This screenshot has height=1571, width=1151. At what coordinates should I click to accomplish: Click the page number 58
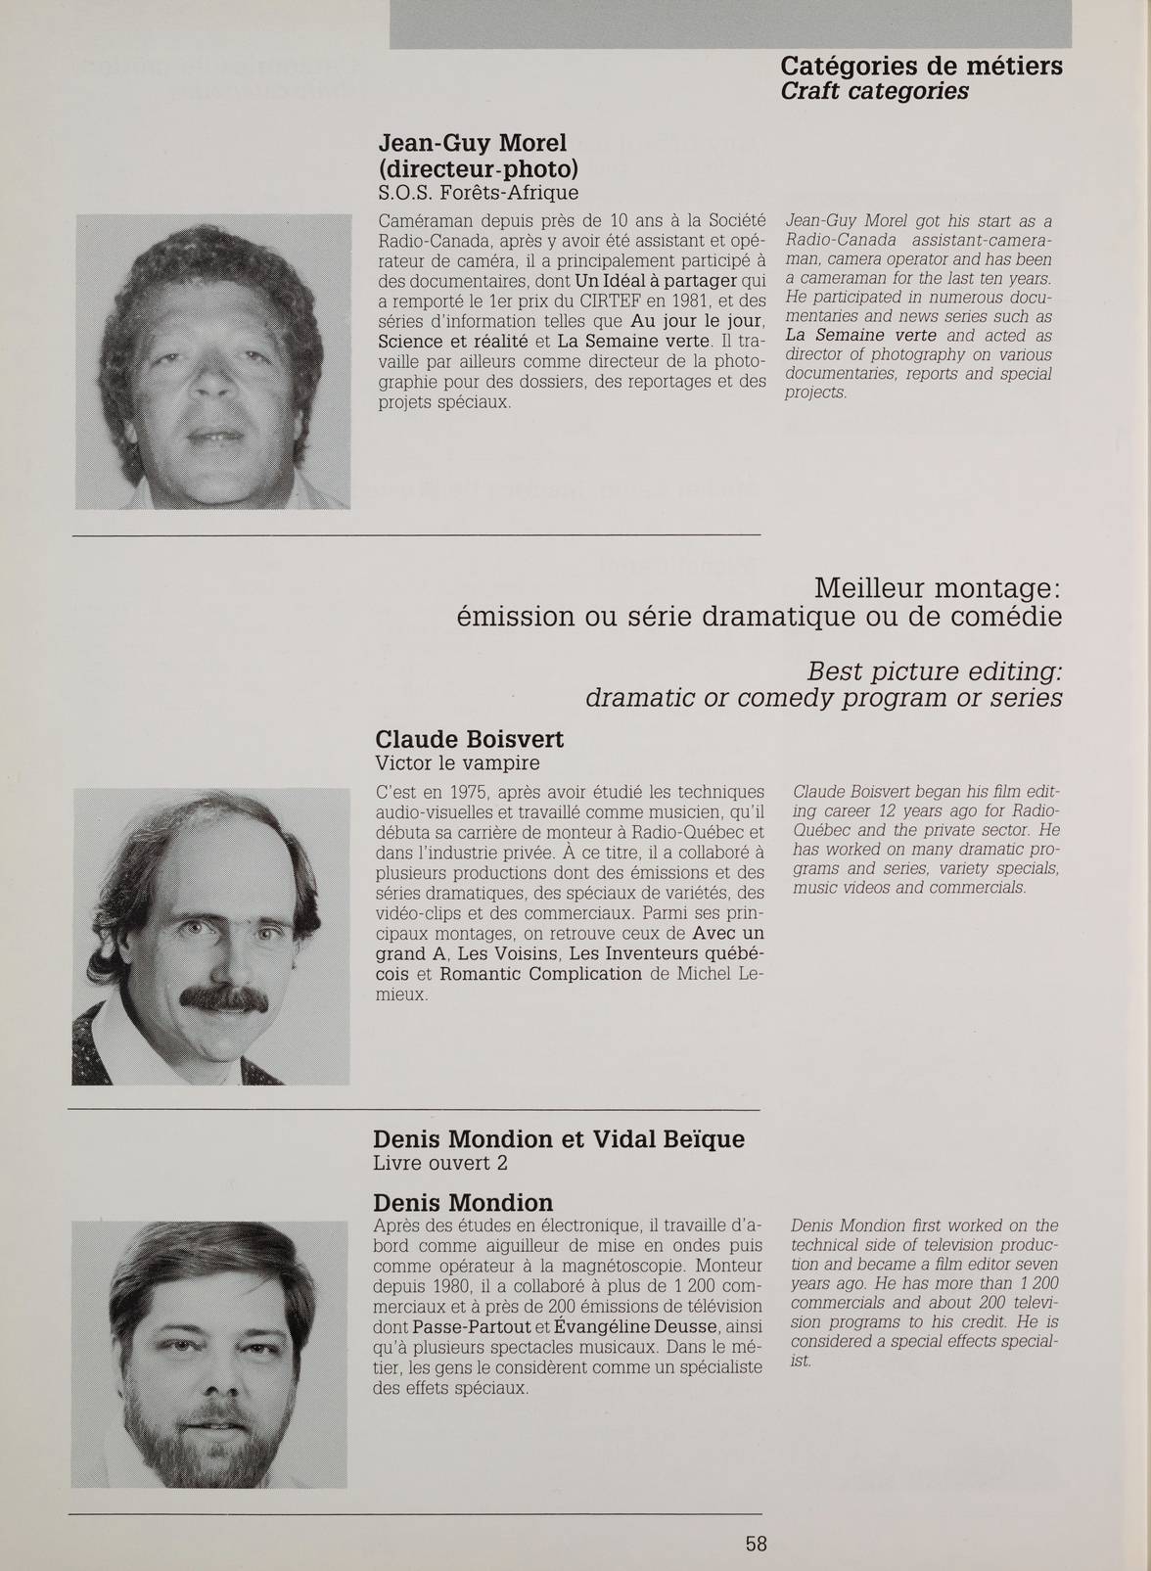[756, 1544]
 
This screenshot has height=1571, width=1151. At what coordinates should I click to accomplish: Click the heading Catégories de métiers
[921, 67]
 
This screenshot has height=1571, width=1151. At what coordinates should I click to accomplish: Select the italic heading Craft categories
[874, 91]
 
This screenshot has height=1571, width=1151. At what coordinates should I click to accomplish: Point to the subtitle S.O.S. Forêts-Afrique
[478, 192]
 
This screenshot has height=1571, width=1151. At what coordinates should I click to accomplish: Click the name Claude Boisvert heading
[469, 738]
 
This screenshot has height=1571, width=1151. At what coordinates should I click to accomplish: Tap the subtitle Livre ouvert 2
[440, 1163]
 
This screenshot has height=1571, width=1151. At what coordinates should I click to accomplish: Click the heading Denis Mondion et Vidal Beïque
[559, 1139]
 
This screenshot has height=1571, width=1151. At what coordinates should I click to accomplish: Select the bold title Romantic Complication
[540, 974]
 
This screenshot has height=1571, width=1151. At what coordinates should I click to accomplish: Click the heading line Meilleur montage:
[938, 589]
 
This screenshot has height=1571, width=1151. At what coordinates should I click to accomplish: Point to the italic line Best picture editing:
[935, 672]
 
